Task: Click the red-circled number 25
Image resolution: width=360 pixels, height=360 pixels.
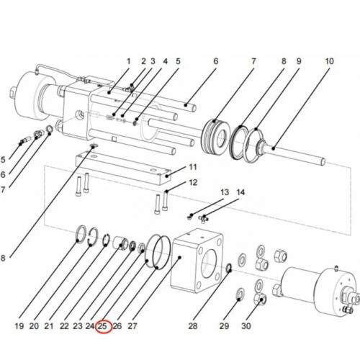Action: point(103,326)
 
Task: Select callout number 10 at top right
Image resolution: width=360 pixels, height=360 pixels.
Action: point(329,62)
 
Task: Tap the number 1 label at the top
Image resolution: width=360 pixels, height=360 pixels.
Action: point(129,62)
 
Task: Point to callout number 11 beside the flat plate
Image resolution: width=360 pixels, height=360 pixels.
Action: point(192,167)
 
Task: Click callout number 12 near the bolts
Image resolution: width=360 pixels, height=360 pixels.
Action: point(192,182)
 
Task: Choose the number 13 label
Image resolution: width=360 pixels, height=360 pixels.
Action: point(224,192)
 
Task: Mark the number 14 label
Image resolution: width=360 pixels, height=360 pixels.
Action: point(240,192)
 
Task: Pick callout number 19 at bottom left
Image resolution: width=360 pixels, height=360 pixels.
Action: point(19,326)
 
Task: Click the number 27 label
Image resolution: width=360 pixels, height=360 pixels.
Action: point(132,326)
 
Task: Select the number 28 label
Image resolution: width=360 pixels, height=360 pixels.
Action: point(192,326)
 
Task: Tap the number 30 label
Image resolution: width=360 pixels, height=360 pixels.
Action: point(247,326)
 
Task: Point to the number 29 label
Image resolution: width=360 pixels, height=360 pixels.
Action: point(224,326)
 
